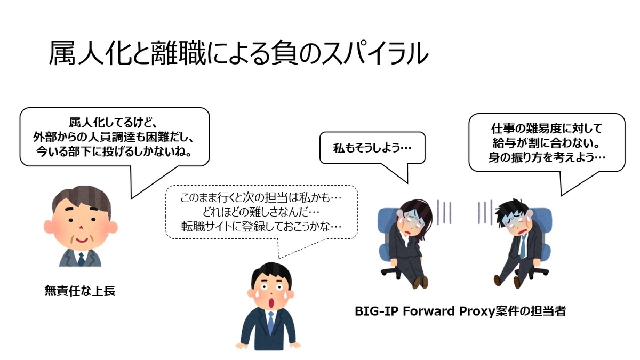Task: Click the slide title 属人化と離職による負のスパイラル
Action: (x=238, y=53)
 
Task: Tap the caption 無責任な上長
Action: (x=80, y=291)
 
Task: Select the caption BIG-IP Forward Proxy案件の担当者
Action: (x=460, y=311)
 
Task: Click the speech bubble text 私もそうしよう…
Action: (x=372, y=148)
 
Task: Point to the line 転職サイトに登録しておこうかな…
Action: (x=261, y=227)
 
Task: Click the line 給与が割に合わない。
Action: (x=546, y=143)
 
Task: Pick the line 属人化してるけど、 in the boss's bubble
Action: (x=113, y=123)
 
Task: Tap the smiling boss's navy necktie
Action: (x=82, y=259)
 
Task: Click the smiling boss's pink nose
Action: (x=81, y=227)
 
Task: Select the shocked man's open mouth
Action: (x=273, y=303)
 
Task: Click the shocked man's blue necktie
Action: (x=270, y=323)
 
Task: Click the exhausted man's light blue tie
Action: (x=523, y=246)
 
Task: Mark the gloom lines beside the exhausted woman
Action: (x=444, y=212)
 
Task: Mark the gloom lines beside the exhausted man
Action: (x=485, y=212)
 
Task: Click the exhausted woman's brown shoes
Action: (x=420, y=282)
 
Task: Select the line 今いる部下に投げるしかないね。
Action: (x=114, y=151)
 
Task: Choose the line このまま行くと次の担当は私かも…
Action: (x=261, y=198)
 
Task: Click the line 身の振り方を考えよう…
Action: (x=547, y=157)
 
